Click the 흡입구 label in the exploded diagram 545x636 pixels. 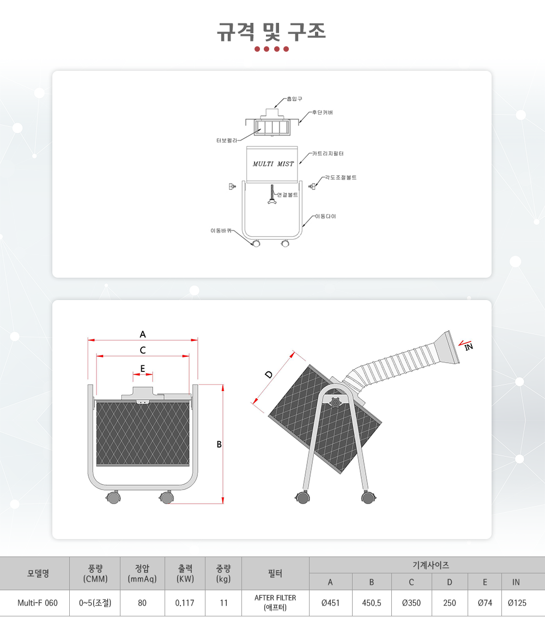294,99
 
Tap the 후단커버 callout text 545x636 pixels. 323,112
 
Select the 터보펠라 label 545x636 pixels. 227,140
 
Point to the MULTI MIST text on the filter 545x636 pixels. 273,164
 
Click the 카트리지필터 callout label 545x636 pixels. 328,154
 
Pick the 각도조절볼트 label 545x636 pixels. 341,178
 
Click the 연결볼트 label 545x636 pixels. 288,195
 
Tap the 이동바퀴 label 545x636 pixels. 221,230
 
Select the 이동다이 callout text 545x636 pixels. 326,216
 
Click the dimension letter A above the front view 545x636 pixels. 143,334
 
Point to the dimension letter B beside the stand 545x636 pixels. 219,444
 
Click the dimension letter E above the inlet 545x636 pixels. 143,369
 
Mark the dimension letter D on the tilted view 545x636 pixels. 269,375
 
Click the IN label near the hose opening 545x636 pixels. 469,347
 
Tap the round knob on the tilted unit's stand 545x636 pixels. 335,403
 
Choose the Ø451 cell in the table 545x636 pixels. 331,603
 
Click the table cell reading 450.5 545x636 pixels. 372,603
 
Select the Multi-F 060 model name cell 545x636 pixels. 38,603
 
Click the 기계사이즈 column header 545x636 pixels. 431,565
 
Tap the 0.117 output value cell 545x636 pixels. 185,603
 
